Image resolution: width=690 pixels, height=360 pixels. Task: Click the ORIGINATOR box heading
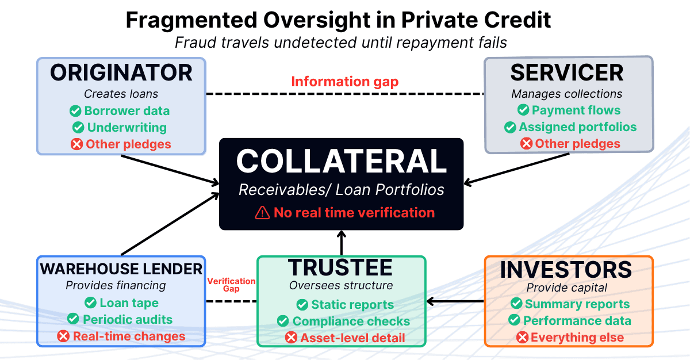point(121,73)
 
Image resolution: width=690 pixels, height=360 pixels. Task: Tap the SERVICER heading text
point(567,73)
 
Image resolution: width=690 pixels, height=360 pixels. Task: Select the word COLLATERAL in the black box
point(342,162)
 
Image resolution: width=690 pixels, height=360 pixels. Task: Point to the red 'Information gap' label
point(344,82)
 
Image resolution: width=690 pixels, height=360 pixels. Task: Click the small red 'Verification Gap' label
point(231,285)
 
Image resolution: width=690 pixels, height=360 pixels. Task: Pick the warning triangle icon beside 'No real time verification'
point(262,213)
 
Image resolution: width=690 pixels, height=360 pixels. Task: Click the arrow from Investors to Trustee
point(457,301)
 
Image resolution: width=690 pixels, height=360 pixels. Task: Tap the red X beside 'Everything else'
point(523,338)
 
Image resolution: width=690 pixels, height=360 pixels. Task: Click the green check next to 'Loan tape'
point(90,302)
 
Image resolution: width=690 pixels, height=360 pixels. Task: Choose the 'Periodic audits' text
point(128,319)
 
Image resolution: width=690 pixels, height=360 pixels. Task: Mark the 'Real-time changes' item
point(129,336)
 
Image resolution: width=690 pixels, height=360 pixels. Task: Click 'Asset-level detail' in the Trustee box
point(352,338)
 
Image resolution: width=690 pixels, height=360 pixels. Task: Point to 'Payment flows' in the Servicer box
point(576,110)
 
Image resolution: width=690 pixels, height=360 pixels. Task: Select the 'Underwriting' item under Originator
point(126,127)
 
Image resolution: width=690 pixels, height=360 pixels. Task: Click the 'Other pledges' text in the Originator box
point(128,144)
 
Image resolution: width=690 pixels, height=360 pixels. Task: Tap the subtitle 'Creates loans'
point(121,93)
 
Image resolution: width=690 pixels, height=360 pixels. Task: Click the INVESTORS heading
point(566,269)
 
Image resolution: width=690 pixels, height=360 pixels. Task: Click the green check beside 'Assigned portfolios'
point(510,127)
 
